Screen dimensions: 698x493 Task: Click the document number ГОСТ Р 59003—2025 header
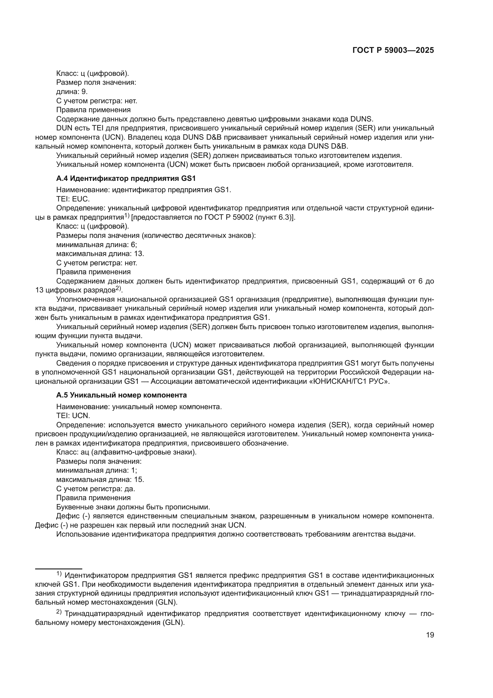[x=393, y=50]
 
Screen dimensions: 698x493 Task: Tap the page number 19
[x=430, y=635]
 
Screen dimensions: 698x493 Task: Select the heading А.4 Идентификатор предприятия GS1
[x=126, y=178]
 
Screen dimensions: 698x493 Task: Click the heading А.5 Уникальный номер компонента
[x=121, y=395]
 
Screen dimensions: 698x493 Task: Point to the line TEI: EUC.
[x=73, y=199]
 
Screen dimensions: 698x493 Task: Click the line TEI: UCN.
[x=73, y=416]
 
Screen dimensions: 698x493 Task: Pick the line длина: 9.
[x=72, y=92]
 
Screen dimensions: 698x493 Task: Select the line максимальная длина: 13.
[x=100, y=254]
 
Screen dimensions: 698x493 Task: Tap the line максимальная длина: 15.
[x=100, y=480]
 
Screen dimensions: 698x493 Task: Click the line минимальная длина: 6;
[x=97, y=244]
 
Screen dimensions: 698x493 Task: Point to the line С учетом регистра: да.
[x=96, y=489]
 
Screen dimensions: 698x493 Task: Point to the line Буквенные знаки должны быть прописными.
[x=133, y=507]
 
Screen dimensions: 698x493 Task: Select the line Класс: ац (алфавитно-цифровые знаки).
[x=126, y=452]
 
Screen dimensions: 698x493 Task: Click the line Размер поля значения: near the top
[x=96, y=82]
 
